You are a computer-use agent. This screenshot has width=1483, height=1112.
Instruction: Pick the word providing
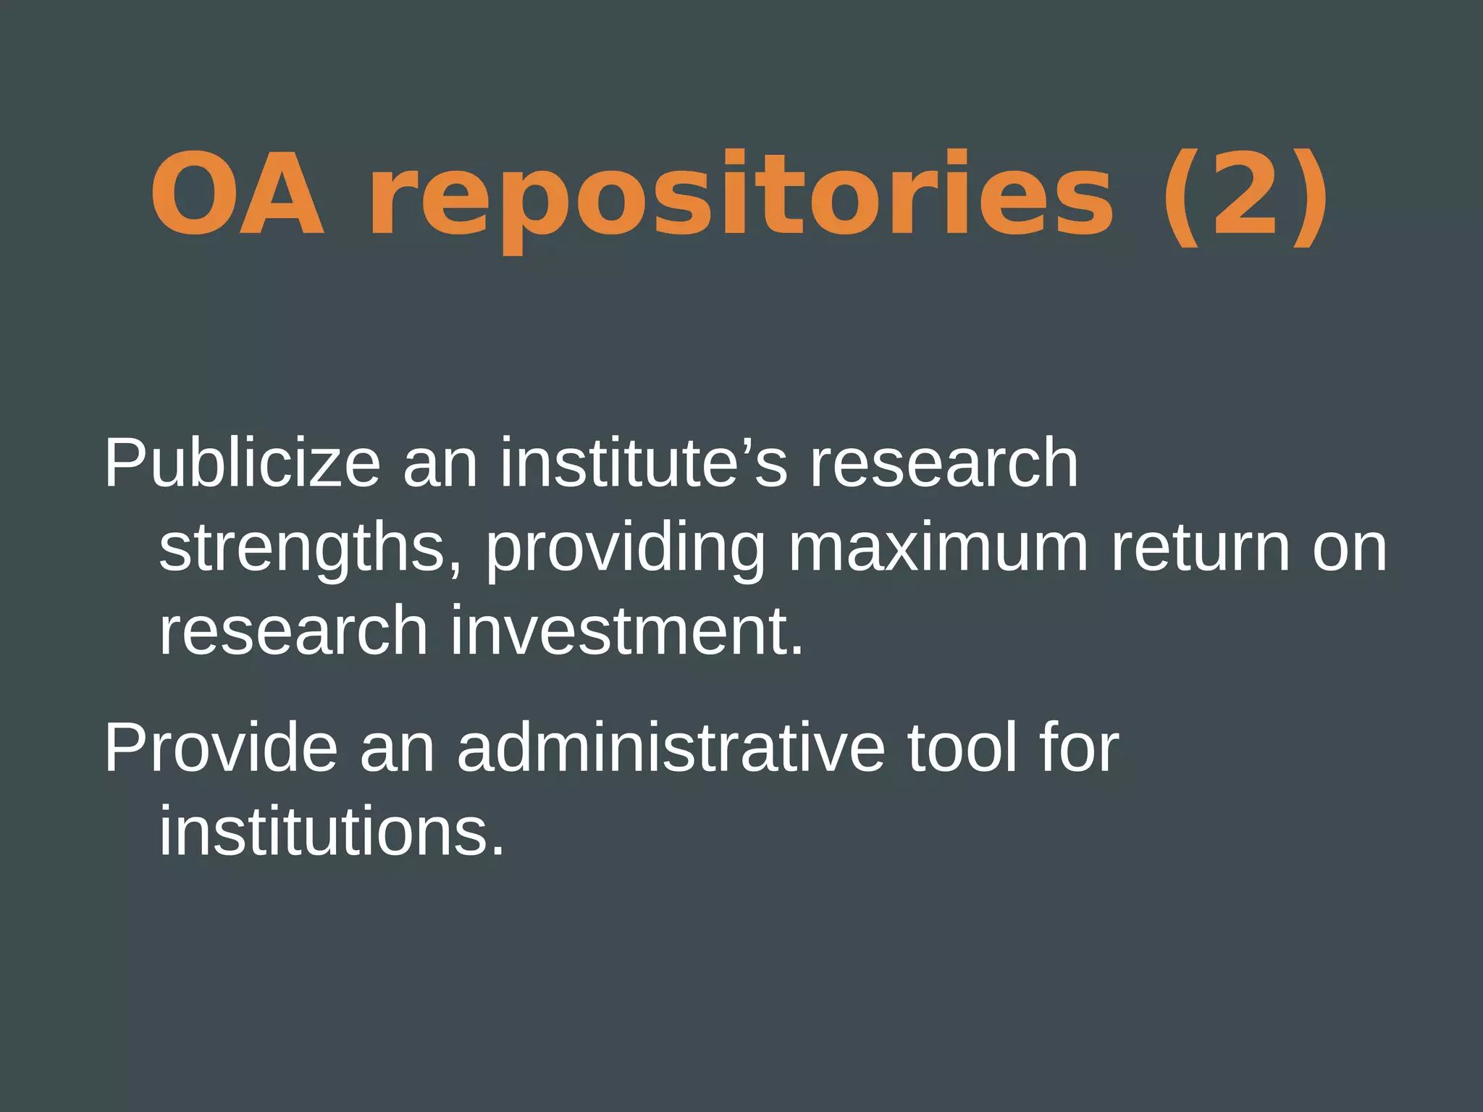pos(625,548)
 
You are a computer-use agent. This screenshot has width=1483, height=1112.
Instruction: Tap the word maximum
pos(938,548)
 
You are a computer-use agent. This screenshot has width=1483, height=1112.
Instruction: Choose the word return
pos(1200,548)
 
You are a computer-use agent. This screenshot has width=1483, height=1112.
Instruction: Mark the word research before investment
pos(293,631)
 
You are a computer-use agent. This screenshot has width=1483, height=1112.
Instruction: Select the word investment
pos(627,631)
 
